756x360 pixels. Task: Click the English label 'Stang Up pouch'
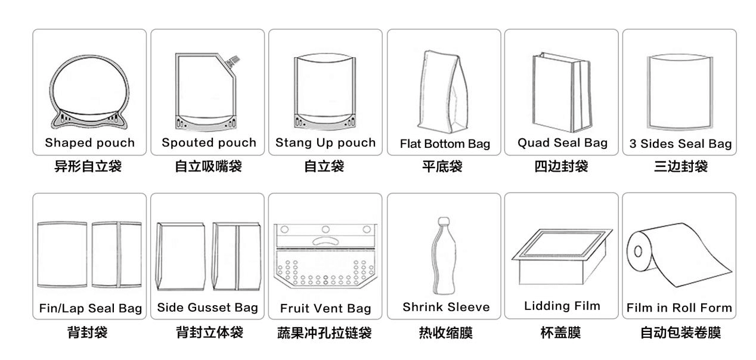(x=326, y=143)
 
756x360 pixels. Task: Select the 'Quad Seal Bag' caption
(x=562, y=143)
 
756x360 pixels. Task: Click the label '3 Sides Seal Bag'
(x=680, y=144)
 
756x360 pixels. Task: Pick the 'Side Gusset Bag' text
(x=207, y=308)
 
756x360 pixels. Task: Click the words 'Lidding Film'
(x=562, y=306)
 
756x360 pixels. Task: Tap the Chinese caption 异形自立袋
(x=89, y=167)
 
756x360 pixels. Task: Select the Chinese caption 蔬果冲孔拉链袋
(x=325, y=333)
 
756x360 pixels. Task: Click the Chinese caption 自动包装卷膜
(x=680, y=333)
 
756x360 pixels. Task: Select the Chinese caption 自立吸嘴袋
(x=207, y=167)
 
